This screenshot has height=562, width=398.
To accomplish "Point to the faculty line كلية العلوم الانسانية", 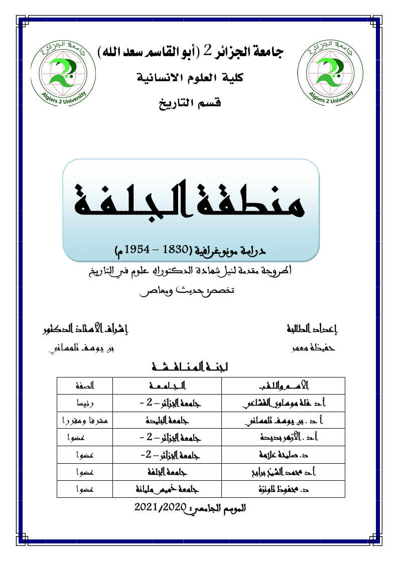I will (x=194, y=78).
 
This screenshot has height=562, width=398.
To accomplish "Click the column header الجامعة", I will (x=167, y=386).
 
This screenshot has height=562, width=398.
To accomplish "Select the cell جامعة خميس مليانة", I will (x=167, y=490).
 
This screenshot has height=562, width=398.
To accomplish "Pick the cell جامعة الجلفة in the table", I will (x=167, y=472).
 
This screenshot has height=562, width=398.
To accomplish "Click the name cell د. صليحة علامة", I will (x=284, y=455).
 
